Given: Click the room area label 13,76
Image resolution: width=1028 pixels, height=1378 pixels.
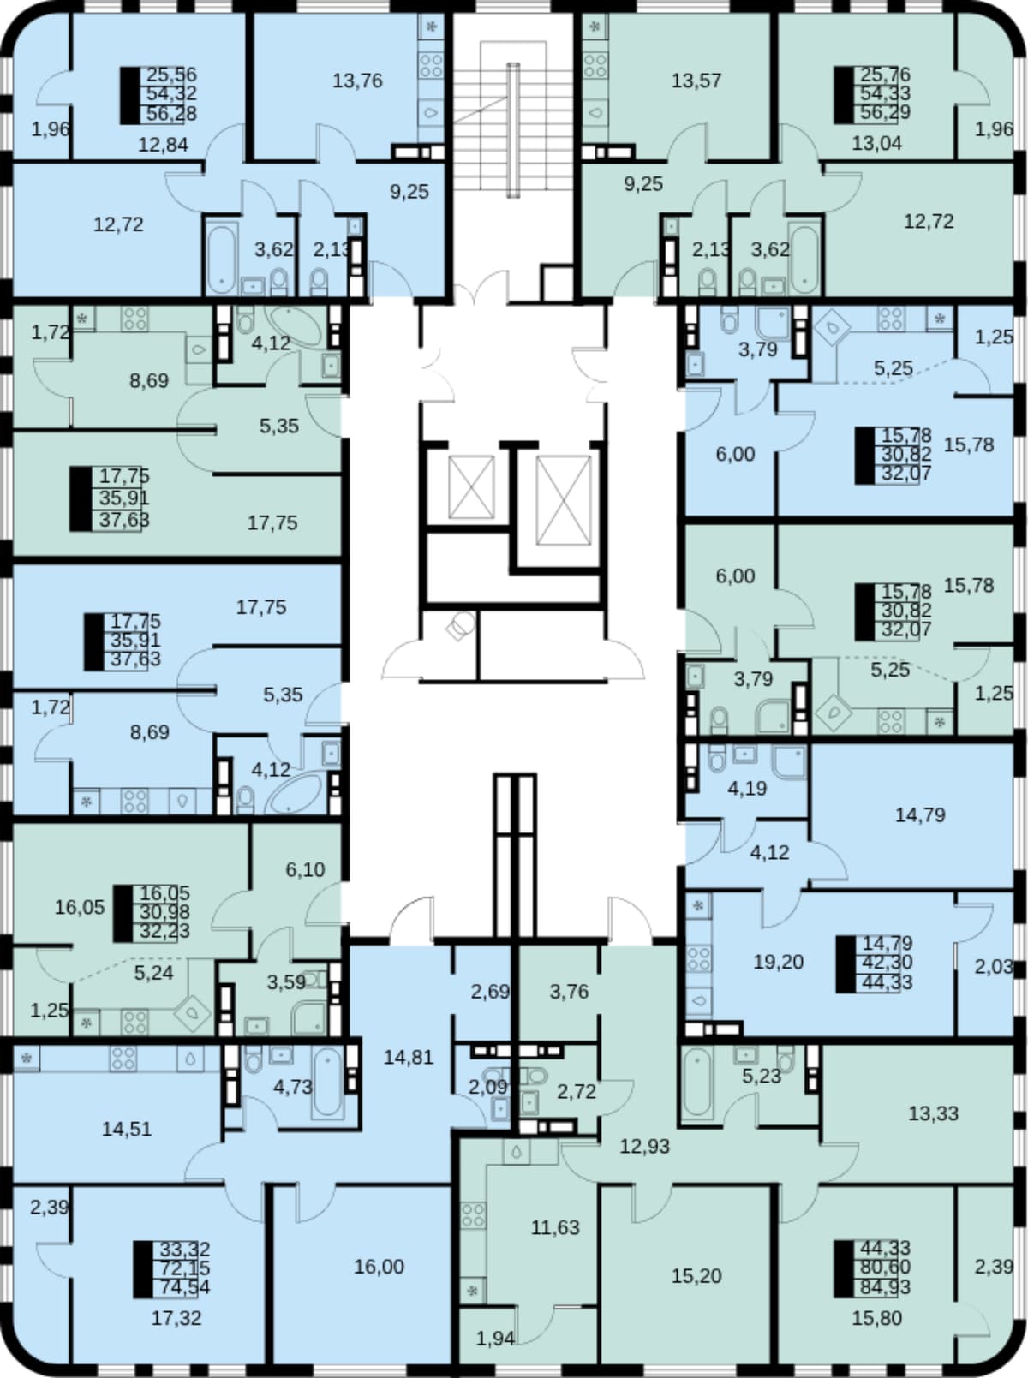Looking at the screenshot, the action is tap(357, 81).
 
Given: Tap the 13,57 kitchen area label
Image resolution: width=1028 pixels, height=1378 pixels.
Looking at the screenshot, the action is tap(696, 81).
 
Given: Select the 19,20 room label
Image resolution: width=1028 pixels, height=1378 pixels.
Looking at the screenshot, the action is tap(778, 963).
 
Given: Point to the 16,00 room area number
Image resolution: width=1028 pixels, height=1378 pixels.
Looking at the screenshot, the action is tap(379, 1267).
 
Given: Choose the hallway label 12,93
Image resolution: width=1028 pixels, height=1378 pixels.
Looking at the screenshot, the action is tap(645, 1147).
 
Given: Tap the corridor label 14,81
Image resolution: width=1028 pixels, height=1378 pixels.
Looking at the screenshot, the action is tap(409, 1058).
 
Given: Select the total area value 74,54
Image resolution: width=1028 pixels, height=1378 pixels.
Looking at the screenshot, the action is tap(185, 1287).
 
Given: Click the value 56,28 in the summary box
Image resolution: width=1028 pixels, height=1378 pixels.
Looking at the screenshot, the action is tap(171, 114).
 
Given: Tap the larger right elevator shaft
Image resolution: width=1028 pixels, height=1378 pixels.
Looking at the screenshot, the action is tap(564, 500).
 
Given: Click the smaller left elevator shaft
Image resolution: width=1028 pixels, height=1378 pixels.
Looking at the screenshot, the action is tap(472, 487).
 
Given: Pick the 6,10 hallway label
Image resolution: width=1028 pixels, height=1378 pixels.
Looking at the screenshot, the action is tap(305, 869).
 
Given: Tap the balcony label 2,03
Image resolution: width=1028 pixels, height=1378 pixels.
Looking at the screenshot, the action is tap(994, 967).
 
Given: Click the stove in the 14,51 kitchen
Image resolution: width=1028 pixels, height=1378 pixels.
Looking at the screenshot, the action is tap(123, 1059).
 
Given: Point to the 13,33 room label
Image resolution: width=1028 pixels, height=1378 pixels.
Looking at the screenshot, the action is tap(933, 1113).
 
